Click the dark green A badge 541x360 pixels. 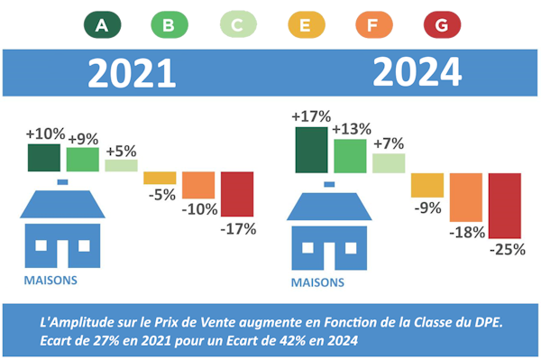pyautogui.click(x=101, y=25)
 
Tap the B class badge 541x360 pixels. pyautogui.click(x=169, y=25)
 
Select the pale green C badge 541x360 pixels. pyautogui.click(x=237, y=25)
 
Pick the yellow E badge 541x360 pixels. pyautogui.click(x=305, y=25)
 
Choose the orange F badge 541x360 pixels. pyautogui.click(x=373, y=25)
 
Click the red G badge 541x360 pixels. pyautogui.click(x=441, y=25)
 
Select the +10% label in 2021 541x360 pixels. pyautogui.click(x=45, y=134)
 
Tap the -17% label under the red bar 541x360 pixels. pyautogui.click(x=238, y=229)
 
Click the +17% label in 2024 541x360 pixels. pyautogui.click(x=311, y=116)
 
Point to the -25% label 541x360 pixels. pyautogui.click(x=506, y=250)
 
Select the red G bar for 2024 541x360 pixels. pyautogui.click(x=505, y=206)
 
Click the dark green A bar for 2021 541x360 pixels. pyautogui.click(x=44, y=157)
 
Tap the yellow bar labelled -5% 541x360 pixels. pyautogui.click(x=160, y=178)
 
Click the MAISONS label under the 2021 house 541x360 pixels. pyautogui.click(x=50, y=280)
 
